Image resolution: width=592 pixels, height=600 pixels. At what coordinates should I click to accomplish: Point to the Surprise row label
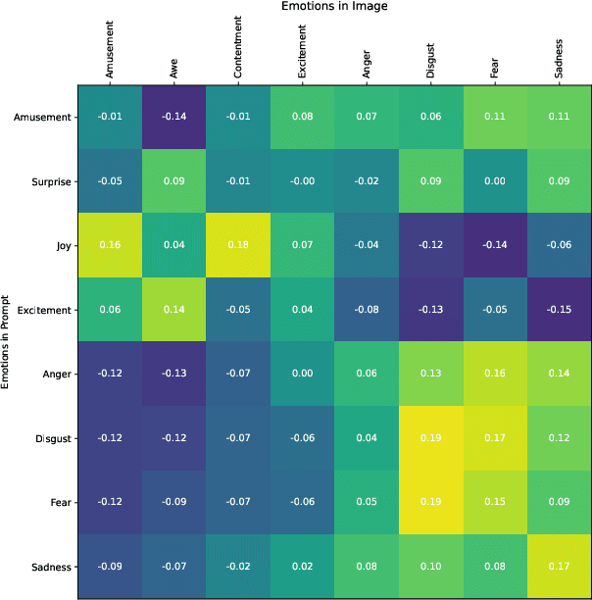coord(46,181)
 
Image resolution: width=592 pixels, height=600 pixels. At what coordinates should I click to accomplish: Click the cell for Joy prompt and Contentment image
coord(238,246)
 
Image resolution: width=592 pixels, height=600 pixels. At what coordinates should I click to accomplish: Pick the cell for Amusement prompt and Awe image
coord(173,118)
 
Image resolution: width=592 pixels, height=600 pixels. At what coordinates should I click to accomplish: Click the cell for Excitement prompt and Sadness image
coord(560,310)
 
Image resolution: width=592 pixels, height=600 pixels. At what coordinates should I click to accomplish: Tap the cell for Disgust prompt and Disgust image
coord(431,438)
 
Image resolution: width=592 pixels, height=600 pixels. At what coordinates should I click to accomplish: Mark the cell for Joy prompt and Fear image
coord(495,246)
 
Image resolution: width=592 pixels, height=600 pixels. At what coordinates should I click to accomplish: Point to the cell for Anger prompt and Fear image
coord(495,374)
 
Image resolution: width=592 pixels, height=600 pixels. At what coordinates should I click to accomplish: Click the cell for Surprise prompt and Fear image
coord(495,181)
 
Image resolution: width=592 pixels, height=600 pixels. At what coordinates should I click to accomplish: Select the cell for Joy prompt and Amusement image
coord(110,246)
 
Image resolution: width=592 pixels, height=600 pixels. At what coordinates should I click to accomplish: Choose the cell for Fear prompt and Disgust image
coord(431,502)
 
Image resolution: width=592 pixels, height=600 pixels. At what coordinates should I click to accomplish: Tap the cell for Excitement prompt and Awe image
coord(173,310)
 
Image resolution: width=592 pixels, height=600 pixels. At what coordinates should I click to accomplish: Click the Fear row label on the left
coord(59,502)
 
